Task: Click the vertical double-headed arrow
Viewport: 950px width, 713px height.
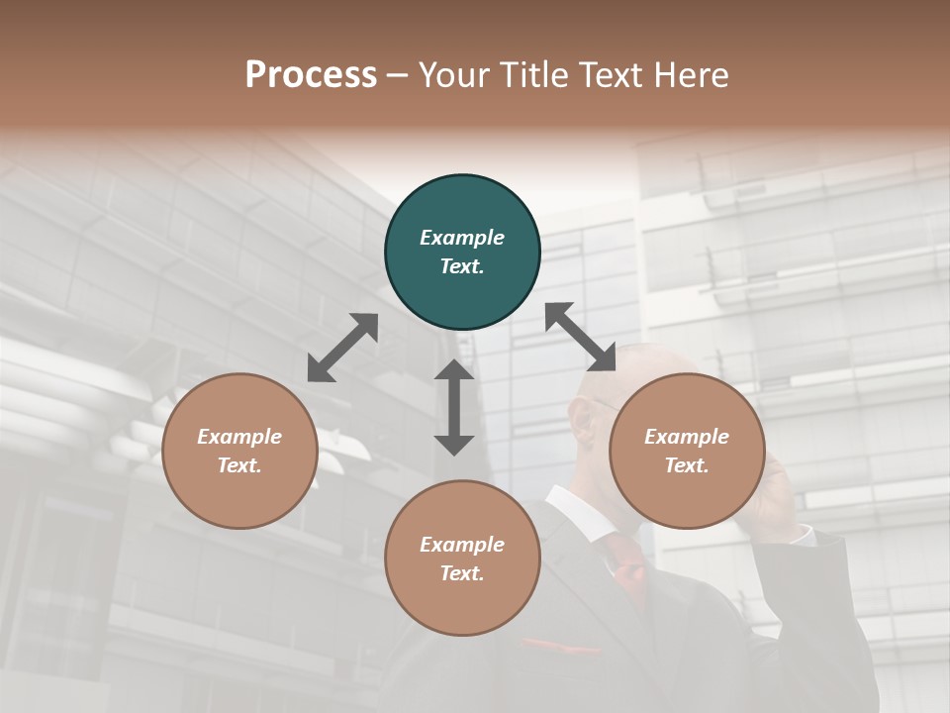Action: (x=454, y=407)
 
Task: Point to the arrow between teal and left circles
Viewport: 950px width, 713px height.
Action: (x=342, y=348)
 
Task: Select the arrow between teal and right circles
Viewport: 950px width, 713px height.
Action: (x=581, y=337)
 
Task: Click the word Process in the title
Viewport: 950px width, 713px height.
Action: (x=311, y=74)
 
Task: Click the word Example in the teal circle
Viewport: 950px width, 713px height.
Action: (x=462, y=238)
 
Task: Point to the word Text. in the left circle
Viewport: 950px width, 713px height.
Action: (x=239, y=465)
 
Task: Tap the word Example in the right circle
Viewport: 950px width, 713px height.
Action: (x=687, y=437)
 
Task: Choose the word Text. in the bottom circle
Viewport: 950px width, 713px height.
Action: (x=462, y=573)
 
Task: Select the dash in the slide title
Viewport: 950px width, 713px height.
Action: (x=398, y=74)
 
